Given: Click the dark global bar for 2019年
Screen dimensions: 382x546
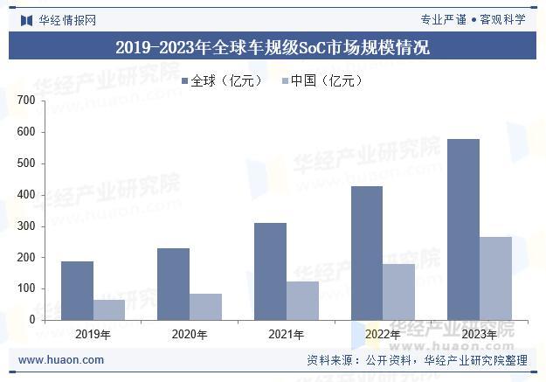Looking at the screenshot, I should coord(77,290).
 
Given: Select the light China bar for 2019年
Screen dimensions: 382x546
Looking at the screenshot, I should coord(109,309).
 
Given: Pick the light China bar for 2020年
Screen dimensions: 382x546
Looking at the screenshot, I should coord(206,307).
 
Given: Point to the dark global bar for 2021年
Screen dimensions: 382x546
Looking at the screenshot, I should coord(270,271).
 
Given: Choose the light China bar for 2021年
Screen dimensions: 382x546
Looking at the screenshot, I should coord(302,301).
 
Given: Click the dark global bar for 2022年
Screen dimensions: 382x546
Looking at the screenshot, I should coord(366,253).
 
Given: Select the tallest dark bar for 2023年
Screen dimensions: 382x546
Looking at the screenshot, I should coord(463,229).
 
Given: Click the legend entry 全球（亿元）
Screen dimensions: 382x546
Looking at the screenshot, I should coord(222,80).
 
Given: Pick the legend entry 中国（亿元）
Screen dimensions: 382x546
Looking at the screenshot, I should coord(321,80).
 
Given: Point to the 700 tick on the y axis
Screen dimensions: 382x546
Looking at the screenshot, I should coord(26,101).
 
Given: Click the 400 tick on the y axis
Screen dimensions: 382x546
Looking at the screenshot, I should coord(26,195).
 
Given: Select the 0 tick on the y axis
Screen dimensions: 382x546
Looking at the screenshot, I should coord(31,320).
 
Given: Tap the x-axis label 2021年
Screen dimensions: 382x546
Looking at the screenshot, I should coord(286,334).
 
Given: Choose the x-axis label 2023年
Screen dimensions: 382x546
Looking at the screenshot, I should coord(479,334).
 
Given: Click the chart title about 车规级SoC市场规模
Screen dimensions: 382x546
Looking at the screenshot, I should coord(273,47).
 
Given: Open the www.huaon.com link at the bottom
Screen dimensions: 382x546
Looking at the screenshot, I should coord(61,359).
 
